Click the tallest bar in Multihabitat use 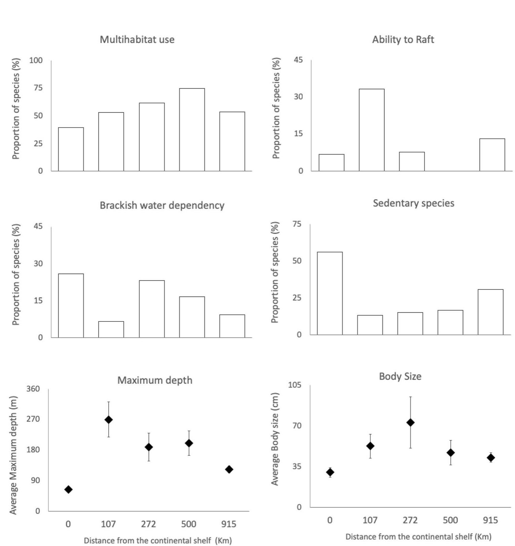[192, 130]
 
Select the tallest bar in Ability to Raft [371, 130]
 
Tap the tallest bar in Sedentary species [330, 293]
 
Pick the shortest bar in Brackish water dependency [111, 329]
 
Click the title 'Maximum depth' [155, 380]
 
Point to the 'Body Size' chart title [400, 376]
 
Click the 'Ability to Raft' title [403, 40]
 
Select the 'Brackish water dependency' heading [162, 206]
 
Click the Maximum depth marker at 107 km [108, 420]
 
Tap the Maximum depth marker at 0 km [68, 489]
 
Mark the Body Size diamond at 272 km [410, 422]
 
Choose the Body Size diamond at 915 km [490, 458]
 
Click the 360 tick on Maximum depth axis [33, 389]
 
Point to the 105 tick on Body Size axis [295, 385]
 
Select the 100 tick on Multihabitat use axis [36, 60]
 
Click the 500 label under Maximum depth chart [189, 524]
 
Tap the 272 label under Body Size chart [410, 520]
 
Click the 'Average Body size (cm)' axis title [275, 439]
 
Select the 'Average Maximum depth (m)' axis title [13, 451]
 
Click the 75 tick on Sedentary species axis [297, 224]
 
